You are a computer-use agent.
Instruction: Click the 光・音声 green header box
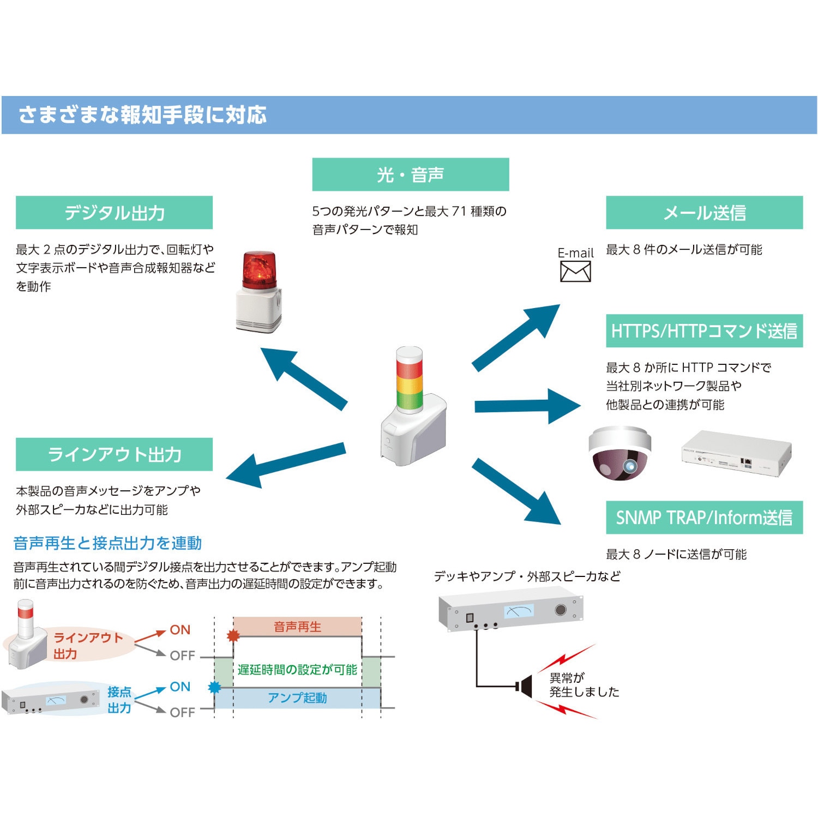click(410, 175)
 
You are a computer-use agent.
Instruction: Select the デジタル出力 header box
click(114, 213)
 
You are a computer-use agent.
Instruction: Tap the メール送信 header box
click(704, 213)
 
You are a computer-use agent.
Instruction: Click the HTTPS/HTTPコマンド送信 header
click(704, 330)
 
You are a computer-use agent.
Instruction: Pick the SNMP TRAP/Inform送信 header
click(704, 518)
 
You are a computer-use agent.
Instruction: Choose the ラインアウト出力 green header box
click(114, 454)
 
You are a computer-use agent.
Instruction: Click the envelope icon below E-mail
click(575, 272)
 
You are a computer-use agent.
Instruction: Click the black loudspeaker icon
click(525, 686)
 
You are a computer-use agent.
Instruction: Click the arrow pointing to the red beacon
click(303, 378)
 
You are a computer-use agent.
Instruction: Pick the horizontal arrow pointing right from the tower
click(527, 406)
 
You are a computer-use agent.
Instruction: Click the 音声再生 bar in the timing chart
click(298, 627)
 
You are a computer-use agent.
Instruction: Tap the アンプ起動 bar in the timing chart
click(298, 698)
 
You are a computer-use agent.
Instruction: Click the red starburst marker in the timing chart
click(233, 635)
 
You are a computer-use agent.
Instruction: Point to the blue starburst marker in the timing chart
click(215, 687)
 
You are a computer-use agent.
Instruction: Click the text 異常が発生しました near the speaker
click(584, 685)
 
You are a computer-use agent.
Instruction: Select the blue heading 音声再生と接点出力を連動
click(107, 543)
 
